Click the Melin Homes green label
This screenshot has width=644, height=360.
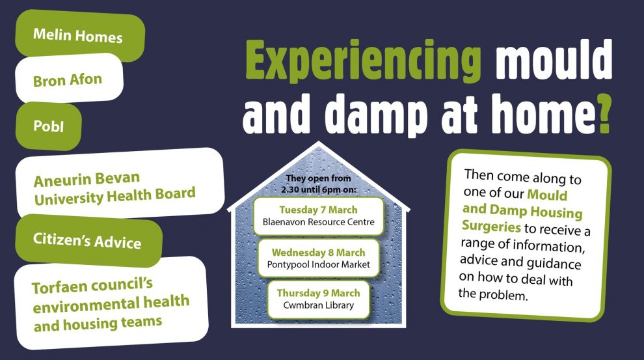coord(80,35)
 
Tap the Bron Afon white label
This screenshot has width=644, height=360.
coord(69,79)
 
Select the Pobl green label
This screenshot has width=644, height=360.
coord(49,126)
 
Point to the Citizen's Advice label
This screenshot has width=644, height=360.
coord(88,240)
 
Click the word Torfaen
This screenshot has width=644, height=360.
coord(60,287)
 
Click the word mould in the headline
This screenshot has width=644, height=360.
coord(554,60)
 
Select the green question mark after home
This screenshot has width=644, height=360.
coord(605,114)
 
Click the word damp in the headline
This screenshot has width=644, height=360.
coord(376,114)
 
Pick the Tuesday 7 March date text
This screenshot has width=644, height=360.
coord(318,210)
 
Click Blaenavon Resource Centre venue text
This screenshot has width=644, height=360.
coord(319,222)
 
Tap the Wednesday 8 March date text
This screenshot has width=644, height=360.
coord(318,253)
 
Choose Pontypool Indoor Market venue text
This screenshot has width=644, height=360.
coord(318,265)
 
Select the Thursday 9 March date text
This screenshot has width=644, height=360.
coord(318,293)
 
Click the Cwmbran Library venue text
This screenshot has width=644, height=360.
coord(318,305)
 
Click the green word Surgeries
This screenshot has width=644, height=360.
coord(491,226)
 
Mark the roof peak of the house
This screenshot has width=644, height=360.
coord(318,142)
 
